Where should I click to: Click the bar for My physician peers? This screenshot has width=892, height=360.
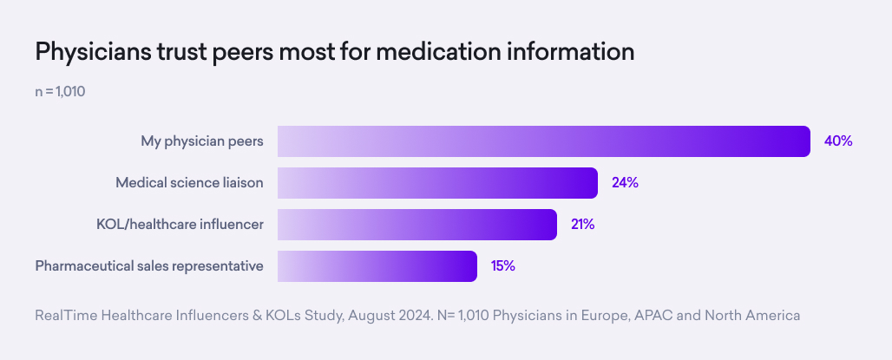tap(544, 141)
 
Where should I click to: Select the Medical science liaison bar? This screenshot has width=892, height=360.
tap(437, 183)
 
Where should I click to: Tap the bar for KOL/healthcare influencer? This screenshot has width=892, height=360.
tap(417, 225)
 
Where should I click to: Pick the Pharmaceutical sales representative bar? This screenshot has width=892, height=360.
tap(377, 266)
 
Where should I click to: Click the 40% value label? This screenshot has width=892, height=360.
tap(838, 141)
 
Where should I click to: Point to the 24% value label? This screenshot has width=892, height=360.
tap(625, 183)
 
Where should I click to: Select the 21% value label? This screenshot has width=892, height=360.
tap(582, 225)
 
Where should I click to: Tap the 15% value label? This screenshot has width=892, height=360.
tap(503, 266)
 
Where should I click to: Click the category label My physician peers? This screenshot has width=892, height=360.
tap(202, 141)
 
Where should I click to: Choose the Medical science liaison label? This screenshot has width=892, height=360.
tap(189, 183)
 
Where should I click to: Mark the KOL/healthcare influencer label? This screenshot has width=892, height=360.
tap(180, 225)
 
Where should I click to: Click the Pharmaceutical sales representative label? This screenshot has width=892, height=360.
tap(149, 266)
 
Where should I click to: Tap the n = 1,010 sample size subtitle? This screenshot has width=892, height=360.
tap(59, 91)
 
